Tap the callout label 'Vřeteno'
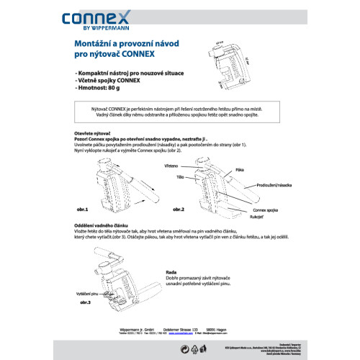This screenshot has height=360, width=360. (x=190, y=166)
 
